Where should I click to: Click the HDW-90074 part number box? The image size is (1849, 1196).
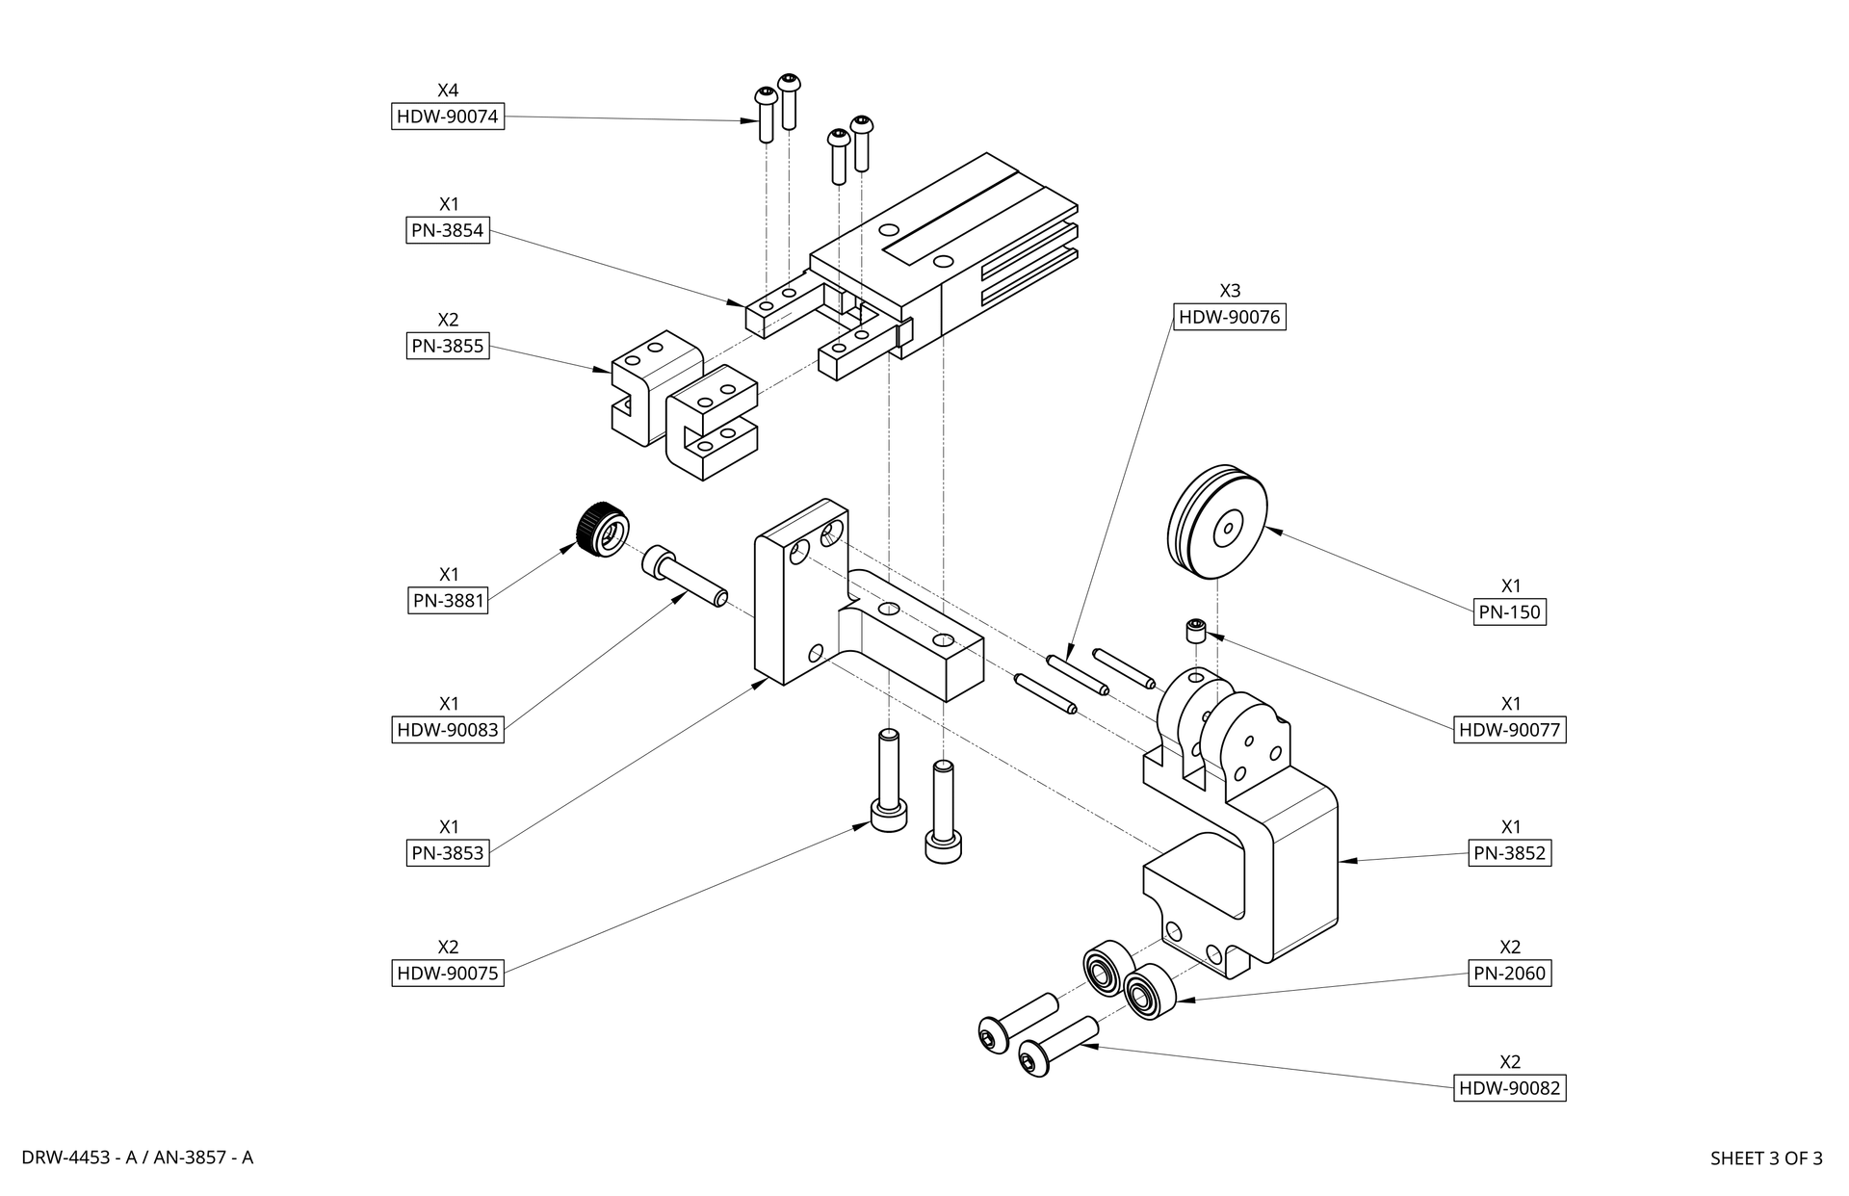pyautogui.click(x=448, y=117)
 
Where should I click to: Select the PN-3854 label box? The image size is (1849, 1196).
pyautogui.click(x=448, y=230)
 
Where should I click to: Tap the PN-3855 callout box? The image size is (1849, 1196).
pyautogui.click(x=448, y=346)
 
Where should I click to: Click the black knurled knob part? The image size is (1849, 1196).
pyautogui.click(x=602, y=529)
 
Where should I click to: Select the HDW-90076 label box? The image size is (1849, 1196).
pyautogui.click(x=1230, y=317)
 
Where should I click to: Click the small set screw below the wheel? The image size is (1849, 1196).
pyautogui.click(x=1195, y=632)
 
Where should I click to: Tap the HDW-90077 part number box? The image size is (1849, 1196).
pyautogui.click(x=1509, y=730)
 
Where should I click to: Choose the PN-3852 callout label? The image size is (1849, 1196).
pyautogui.click(x=1510, y=853)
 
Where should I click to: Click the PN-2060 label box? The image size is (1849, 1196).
pyautogui.click(x=1510, y=974)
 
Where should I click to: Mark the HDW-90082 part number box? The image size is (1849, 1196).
pyautogui.click(x=1509, y=1088)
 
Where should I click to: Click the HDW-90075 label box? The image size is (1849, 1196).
pyautogui.click(x=448, y=974)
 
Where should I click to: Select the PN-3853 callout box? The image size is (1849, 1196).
pyautogui.click(x=448, y=853)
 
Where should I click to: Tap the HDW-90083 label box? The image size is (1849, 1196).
pyautogui.click(x=448, y=730)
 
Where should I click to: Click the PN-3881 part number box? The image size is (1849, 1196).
pyautogui.click(x=448, y=601)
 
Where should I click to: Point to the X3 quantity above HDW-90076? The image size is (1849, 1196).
pyautogui.click(x=1230, y=290)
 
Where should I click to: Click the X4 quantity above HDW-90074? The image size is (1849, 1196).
pyautogui.click(x=448, y=91)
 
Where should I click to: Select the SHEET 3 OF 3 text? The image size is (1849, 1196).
pyautogui.click(x=1766, y=1158)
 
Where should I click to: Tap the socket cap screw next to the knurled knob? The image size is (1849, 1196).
pyautogui.click(x=684, y=577)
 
